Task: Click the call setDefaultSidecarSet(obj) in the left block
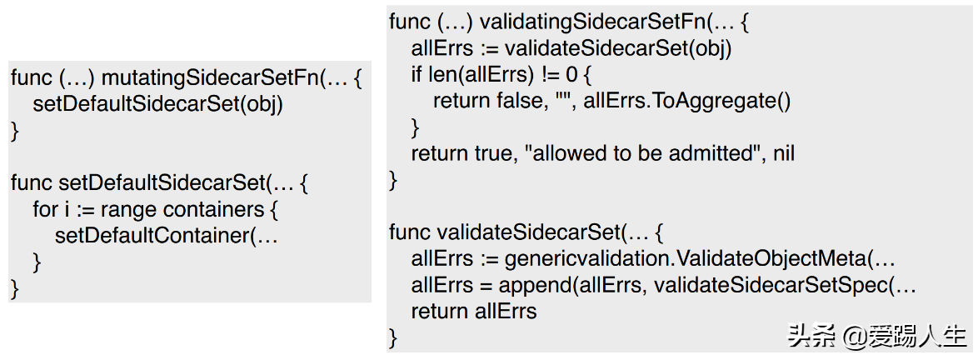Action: tap(157, 104)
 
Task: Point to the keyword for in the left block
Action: tap(45, 210)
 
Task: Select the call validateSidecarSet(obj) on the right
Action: tap(617, 48)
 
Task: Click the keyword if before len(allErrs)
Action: tap(417, 75)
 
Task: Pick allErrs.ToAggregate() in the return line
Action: tap(686, 102)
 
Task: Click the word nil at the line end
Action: tap(783, 153)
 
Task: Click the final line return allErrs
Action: tap(474, 311)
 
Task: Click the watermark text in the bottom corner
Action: tap(876, 336)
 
